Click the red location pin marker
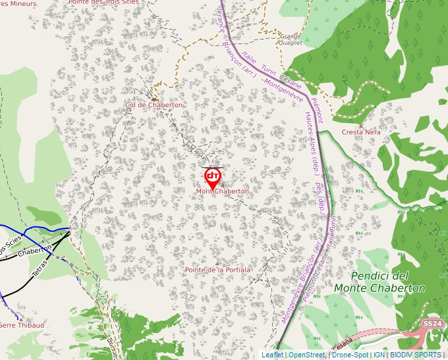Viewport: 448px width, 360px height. click(213, 176)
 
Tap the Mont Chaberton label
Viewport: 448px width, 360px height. click(223, 192)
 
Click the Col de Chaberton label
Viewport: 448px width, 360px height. click(154, 105)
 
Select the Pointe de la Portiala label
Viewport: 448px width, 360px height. click(217, 270)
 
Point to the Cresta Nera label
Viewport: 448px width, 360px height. click(361, 132)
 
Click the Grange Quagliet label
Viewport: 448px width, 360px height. click(291, 39)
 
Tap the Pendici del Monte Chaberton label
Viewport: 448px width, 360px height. click(379, 282)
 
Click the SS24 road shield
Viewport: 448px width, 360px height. click(432, 324)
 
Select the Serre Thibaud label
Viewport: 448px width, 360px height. click(22, 325)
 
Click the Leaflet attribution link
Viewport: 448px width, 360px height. click(272, 355)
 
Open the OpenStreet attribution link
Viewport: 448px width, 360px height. click(307, 355)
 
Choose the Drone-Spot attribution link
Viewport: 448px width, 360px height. click(350, 355)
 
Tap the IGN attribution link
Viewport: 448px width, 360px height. click(379, 355)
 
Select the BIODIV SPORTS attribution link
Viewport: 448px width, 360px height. click(416, 355)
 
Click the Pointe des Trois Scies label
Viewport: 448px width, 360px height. click(113, 3)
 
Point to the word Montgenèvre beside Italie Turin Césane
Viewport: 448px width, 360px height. click(283, 93)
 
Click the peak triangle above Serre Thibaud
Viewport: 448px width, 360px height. click(20, 319)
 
